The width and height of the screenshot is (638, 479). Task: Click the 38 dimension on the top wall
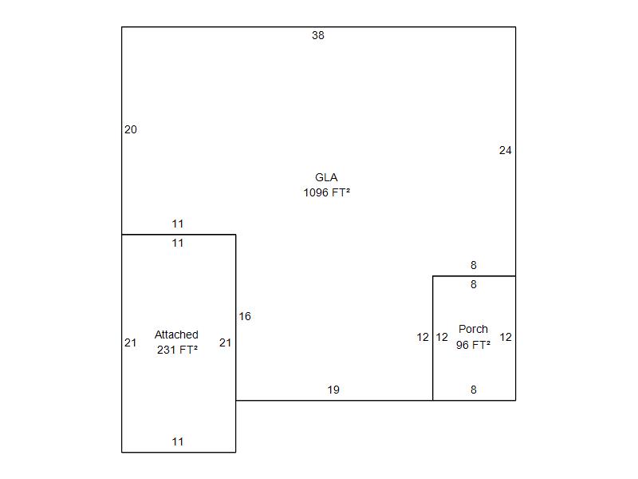pos(318,35)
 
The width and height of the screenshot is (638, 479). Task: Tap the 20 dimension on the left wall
pos(131,129)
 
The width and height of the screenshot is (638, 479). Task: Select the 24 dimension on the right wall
pos(505,150)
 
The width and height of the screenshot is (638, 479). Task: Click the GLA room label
pos(326,177)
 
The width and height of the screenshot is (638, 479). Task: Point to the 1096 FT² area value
pos(326,192)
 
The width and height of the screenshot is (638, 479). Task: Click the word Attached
pos(176,335)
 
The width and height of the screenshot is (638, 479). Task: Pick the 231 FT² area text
pos(177,349)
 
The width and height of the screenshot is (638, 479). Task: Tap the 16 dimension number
pos(245,316)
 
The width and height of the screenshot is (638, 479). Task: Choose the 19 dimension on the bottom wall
pos(333,390)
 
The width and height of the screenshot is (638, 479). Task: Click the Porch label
pos(473,329)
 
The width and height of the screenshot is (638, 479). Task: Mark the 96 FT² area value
pos(473,345)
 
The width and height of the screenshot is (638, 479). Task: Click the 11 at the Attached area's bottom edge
pos(178,441)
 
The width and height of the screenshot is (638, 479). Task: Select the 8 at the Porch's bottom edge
pos(473,390)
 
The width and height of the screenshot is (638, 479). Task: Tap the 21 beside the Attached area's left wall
pos(131,342)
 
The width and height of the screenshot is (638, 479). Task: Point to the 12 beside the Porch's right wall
pos(506,337)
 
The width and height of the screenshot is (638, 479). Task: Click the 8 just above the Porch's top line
pos(473,265)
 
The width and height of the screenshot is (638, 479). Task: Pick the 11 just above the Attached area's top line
pos(178,224)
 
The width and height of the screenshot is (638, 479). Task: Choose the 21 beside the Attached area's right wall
pos(225,342)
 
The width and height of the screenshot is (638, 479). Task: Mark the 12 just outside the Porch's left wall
pos(423,337)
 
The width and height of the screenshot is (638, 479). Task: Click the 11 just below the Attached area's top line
pos(178,243)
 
